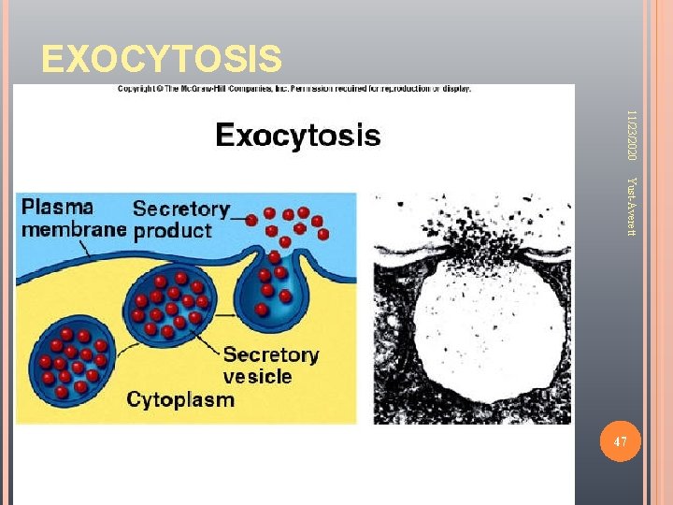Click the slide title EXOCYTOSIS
click(161, 59)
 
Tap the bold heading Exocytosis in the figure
click(298, 137)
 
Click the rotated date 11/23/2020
click(633, 133)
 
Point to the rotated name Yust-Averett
click(633, 207)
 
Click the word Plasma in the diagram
click(58, 207)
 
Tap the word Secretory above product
click(181, 208)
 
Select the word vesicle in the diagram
click(257, 377)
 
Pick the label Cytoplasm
click(180, 399)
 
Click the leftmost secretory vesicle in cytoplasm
click(72, 361)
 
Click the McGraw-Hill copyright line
click(294, 90)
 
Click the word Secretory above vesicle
click(271, 355)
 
